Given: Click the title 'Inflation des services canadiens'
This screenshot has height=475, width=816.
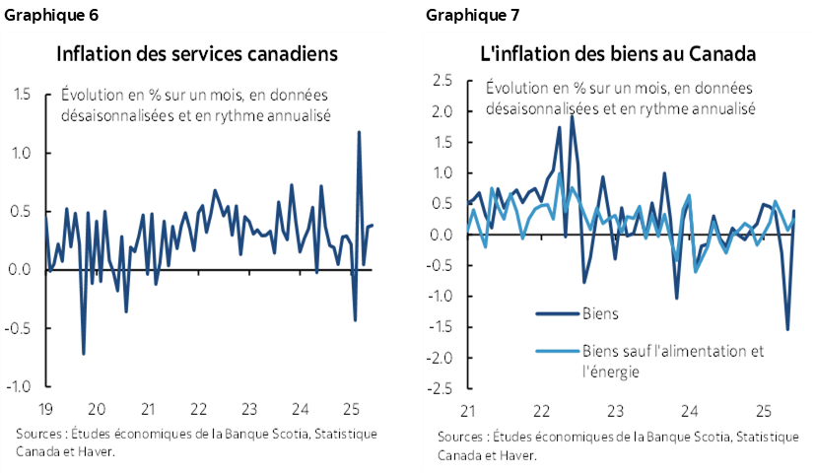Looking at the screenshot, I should click(197, 53).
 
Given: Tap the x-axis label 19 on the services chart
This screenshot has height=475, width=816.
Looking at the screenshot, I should click(46, 409).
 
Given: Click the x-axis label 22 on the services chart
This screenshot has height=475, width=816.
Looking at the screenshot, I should click(197, 409).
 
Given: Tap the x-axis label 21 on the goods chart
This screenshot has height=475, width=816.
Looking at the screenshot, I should click(468, 409).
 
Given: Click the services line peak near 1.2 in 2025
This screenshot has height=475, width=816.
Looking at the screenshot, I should click(359, 132).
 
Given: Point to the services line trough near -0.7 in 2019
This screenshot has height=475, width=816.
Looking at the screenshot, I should click(84, 354).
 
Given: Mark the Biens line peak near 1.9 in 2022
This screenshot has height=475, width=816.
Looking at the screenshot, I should click(573, 116).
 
